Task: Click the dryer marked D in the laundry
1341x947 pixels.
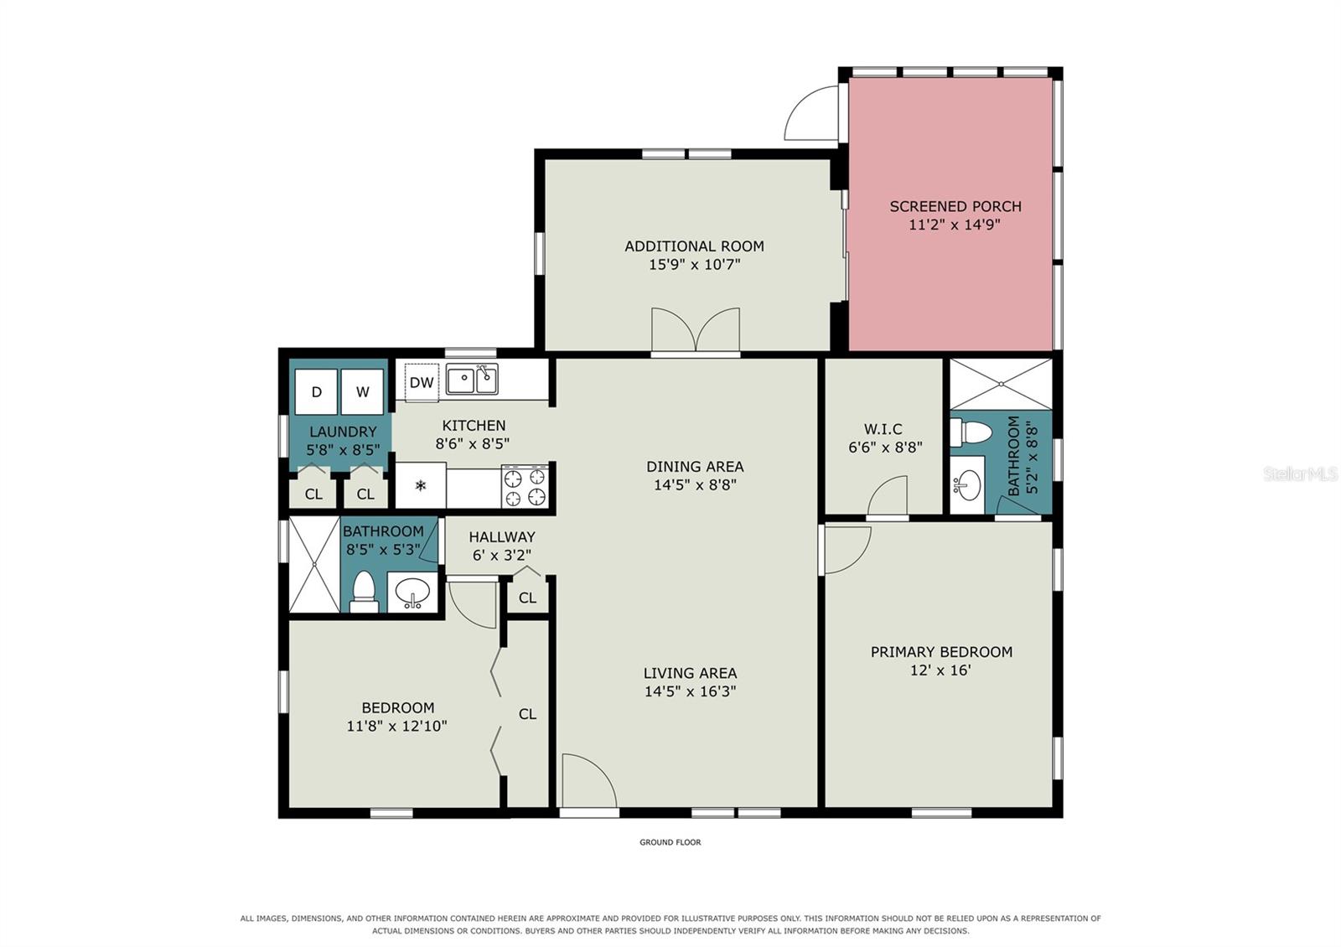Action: (316, 391)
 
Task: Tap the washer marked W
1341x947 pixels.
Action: (362, 391)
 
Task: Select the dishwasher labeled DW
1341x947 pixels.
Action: (422, 382)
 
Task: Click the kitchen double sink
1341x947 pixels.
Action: (473, 380)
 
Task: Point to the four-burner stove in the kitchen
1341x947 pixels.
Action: (525, 486)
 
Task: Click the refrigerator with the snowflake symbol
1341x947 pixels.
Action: (421, 485)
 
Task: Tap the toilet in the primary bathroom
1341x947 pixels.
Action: (971, 432)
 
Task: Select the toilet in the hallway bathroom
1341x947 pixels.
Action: (364, 592)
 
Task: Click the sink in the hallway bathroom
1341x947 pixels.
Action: (412, 592)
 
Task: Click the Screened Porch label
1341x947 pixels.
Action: (955, 206)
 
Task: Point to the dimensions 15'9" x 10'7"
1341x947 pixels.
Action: (695, 264)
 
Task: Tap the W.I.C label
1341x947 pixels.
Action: (883, 428)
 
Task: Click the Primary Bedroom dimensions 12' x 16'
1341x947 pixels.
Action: (940, 670)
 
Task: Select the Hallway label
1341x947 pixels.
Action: (502, 537)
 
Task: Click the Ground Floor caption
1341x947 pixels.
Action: (670, 841)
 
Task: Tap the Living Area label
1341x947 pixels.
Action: (691, 673)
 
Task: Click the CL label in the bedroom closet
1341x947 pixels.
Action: (527, 713)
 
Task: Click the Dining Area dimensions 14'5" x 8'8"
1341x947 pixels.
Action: (695, 484)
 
